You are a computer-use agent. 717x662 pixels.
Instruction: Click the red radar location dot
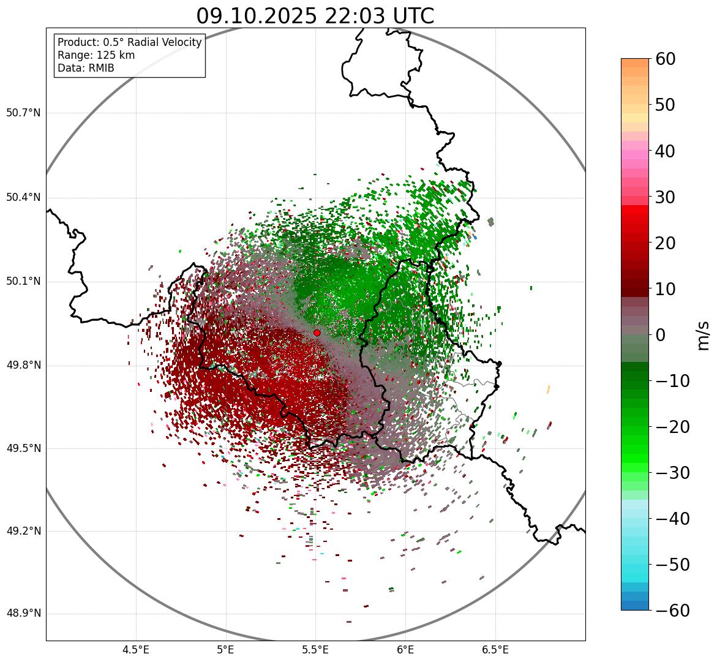pos(317,333)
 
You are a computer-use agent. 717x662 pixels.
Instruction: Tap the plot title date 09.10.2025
pos(256,16)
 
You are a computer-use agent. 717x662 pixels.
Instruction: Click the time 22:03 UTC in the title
pos(378,16)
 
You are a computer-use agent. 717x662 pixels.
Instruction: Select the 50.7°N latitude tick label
pos(23,113)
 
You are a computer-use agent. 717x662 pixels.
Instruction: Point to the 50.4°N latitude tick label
pos(23,198)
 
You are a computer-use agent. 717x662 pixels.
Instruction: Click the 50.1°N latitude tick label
pos(23,282)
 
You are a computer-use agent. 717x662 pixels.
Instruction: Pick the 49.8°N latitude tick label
pos(23,366)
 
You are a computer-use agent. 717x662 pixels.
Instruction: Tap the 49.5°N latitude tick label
pos(23,448)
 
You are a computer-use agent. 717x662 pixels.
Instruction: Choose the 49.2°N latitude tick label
pos(23,531)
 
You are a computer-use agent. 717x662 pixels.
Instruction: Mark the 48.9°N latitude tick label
pos(23,614)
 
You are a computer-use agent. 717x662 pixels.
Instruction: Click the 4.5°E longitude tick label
pos(136,650)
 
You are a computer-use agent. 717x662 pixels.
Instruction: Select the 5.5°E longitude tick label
pos(315,650)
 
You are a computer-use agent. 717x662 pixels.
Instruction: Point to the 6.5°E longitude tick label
pos(495,650)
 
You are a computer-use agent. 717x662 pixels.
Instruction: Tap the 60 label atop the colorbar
pos(666,59)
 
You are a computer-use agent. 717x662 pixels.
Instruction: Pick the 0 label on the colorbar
pos(661,335)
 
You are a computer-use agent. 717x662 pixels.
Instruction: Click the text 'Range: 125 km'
pos(96,55)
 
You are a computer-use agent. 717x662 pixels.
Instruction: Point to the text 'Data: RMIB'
pos(86,68)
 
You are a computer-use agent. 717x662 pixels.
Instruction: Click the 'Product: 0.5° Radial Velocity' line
pos(129,42)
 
